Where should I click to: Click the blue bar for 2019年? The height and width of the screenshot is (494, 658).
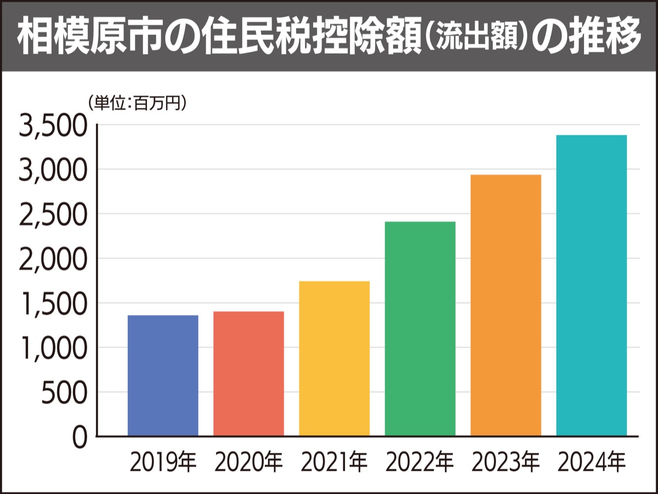163,376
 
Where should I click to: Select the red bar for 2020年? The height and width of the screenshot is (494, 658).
248,374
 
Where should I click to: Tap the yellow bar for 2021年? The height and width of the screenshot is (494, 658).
334,359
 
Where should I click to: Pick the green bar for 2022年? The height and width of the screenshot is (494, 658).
420,329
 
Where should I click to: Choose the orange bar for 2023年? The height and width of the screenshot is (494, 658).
506,305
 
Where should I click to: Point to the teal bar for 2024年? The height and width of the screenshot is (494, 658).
591,285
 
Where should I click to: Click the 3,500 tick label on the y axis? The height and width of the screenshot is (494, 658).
53,127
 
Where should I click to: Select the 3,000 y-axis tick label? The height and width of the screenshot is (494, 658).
53,171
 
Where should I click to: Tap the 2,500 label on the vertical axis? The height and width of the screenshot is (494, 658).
53,215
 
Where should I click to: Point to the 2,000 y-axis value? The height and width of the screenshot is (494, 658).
53,260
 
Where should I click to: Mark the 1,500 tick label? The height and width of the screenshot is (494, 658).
53,304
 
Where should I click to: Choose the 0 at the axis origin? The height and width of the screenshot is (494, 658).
80,436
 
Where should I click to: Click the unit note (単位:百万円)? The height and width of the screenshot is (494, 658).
136,102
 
